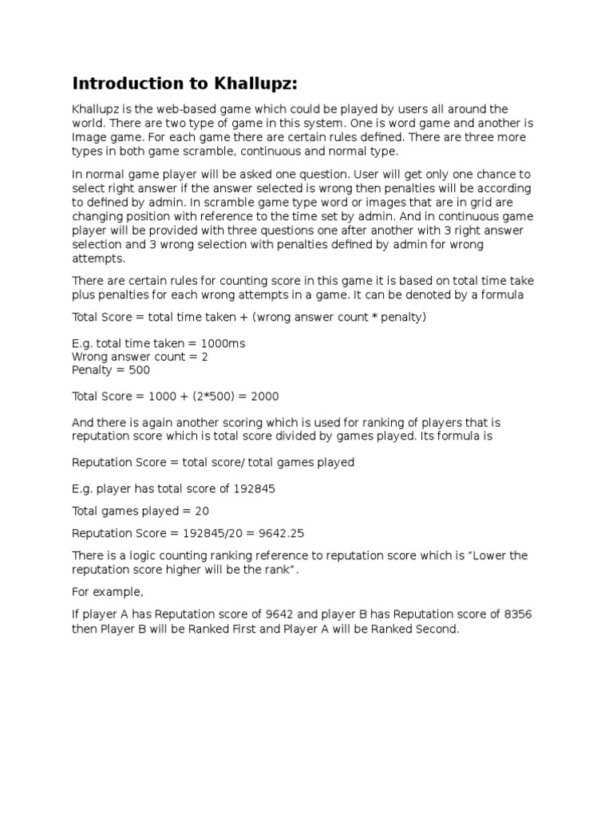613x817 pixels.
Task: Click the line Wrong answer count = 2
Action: tap(140, 357)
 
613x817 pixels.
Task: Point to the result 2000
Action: tap(264, 397)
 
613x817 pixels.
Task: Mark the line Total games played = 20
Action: tap(140, 511)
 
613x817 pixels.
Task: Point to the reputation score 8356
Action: tap(516, 614)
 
